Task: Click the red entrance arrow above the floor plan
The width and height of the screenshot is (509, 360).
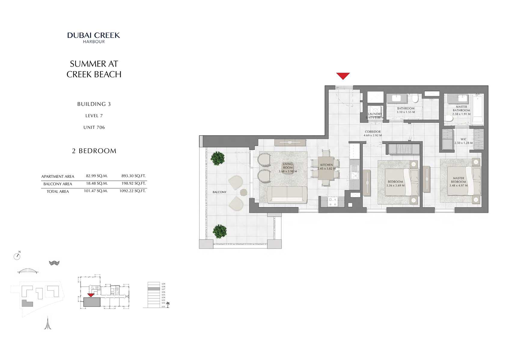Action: coord(343,76)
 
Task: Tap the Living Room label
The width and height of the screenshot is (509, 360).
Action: coord(288,166)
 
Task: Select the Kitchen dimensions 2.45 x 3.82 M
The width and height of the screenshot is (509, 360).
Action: coord(327,169)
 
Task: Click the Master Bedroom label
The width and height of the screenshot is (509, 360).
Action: coord(458,180)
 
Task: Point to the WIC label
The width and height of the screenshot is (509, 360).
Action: coord(463,139)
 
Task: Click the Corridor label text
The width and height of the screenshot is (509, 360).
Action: coord(373,132)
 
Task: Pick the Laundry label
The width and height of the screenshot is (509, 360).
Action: coord(375,114)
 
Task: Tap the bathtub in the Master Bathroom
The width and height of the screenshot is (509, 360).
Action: coord(477,109)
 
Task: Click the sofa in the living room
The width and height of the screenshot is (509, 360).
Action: coord(287,195)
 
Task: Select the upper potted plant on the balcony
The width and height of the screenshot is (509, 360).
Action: coord(218,158)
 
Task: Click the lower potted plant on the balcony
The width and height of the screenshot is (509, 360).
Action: coord(219,231)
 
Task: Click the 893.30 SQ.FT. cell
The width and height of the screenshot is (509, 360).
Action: coord(133,176)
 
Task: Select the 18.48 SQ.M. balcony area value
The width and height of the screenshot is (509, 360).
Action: coord(96,183)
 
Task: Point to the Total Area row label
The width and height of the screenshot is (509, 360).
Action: coord(58,192)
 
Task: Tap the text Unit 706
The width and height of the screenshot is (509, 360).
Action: coord(94,128)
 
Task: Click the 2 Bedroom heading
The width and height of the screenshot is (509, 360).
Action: coord(94,151)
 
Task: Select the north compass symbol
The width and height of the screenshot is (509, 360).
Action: coord(17,256)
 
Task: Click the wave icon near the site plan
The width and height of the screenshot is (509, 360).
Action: coord(54,263)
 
